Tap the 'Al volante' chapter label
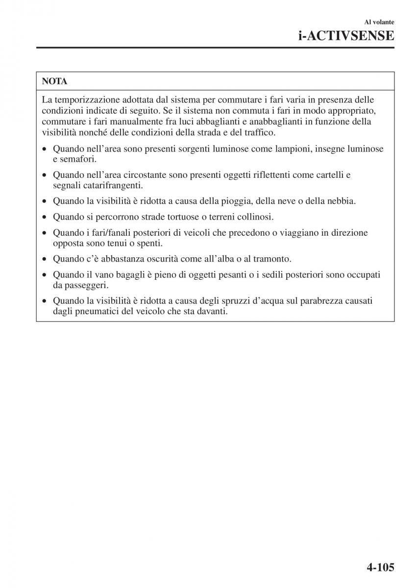tap(379, 22)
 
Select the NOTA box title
tap(55, 81)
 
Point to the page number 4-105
tap(373, 567)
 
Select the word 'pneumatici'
tap(96, 311)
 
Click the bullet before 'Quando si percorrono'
tap(45, 217)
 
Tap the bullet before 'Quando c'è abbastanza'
tap(45, 259)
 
